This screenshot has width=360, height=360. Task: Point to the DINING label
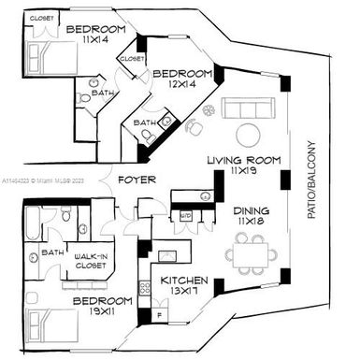coord(252,211)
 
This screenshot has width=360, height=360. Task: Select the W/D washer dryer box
coord(186,215)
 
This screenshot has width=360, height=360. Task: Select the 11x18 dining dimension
coord(252,223)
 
